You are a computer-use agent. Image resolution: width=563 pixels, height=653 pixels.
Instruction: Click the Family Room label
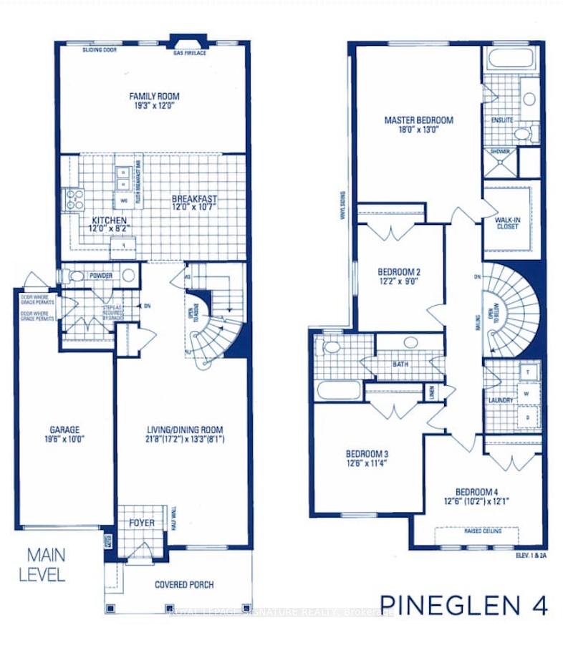[154, 96]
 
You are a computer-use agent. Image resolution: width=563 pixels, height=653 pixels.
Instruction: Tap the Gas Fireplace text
[190, 53]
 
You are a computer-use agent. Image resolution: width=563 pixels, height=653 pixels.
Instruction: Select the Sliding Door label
[100, 51]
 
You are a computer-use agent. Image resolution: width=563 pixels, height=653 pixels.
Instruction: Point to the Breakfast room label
[193, 198]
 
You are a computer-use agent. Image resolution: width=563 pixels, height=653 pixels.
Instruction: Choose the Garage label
[64, 430]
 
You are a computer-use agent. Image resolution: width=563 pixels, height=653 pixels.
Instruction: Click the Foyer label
[142, 523]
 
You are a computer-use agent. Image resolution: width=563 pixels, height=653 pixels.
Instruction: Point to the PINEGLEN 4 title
[465, 606]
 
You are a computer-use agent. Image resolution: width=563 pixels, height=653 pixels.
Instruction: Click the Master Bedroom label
[418, 120]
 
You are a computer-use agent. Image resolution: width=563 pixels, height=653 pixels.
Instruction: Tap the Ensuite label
[501, 120]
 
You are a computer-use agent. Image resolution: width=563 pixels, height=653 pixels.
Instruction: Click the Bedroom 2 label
[399, 272]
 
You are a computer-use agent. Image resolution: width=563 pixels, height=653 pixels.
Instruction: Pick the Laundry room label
[499, 400]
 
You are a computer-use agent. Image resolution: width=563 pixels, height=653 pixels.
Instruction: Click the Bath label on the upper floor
[400, 364]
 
